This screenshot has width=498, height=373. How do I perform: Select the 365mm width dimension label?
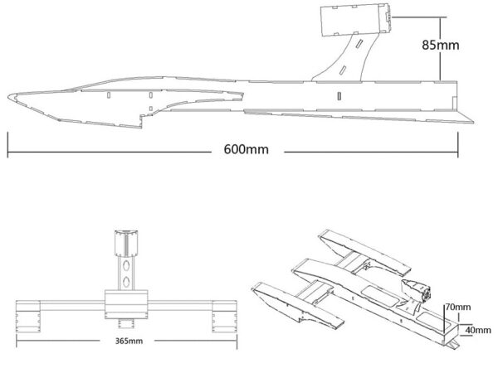click(125, 340)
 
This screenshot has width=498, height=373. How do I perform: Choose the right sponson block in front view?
click(223, 315)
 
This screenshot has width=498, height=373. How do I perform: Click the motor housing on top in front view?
click(125, 243)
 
